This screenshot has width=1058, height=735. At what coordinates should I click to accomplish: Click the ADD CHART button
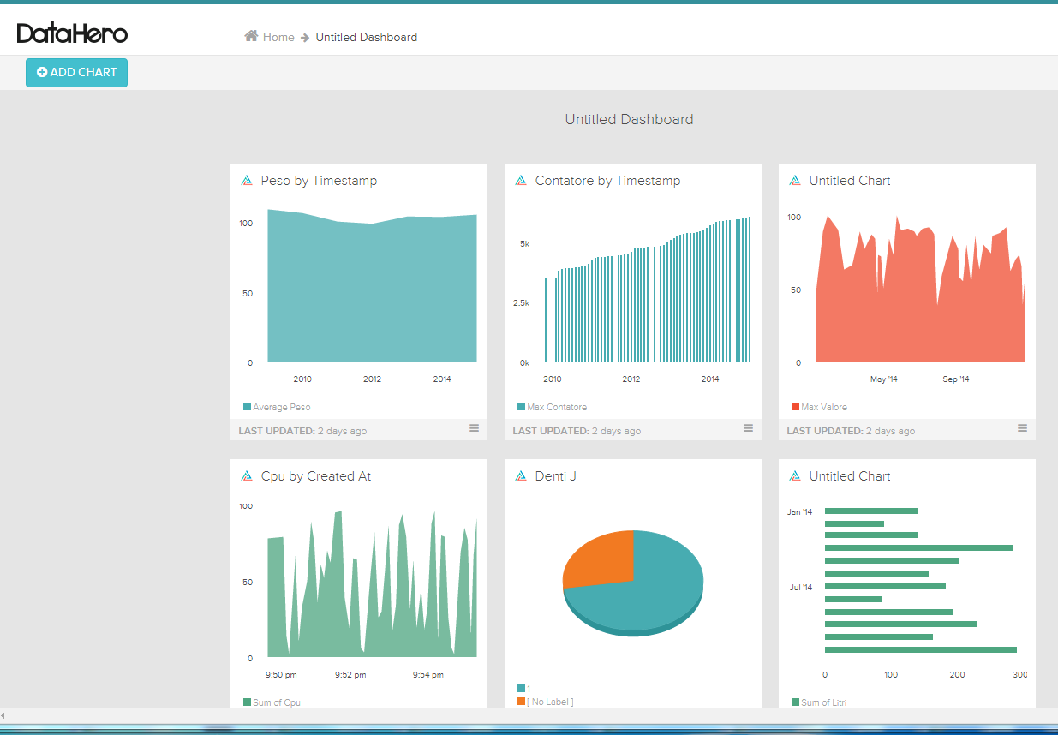pos(76,73)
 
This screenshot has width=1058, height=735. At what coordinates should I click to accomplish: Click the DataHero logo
pos(72,34)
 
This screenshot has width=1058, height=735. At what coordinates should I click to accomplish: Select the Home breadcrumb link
pos(278,37)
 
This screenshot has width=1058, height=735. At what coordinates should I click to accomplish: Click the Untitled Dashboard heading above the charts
pos(629,120)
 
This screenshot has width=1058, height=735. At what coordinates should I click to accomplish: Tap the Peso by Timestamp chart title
pos(319,181)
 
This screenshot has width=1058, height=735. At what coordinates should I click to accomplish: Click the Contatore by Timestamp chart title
pos(607,181)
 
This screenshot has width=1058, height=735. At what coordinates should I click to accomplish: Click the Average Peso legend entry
pos(281,407)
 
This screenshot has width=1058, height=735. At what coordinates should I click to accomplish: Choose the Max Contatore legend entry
pos(556,407)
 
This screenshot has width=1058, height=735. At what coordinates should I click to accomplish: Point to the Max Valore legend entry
pos(823,407)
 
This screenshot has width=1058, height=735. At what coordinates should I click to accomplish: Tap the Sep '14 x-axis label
pos(956,379)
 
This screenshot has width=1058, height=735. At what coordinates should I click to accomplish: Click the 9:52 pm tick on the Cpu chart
pos(350,675)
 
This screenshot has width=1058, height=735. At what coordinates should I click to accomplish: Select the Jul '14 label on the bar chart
pos(801,588)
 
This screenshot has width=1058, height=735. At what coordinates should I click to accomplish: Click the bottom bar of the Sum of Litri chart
pos(920,650)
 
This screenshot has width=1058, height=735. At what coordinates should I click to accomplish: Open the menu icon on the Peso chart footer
pos(474,428)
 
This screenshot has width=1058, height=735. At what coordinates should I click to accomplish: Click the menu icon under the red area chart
pos(1022,428)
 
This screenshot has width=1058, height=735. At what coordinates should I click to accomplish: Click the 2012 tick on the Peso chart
pos(372,379)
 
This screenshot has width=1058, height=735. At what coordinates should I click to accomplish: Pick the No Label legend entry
pos(549,702)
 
